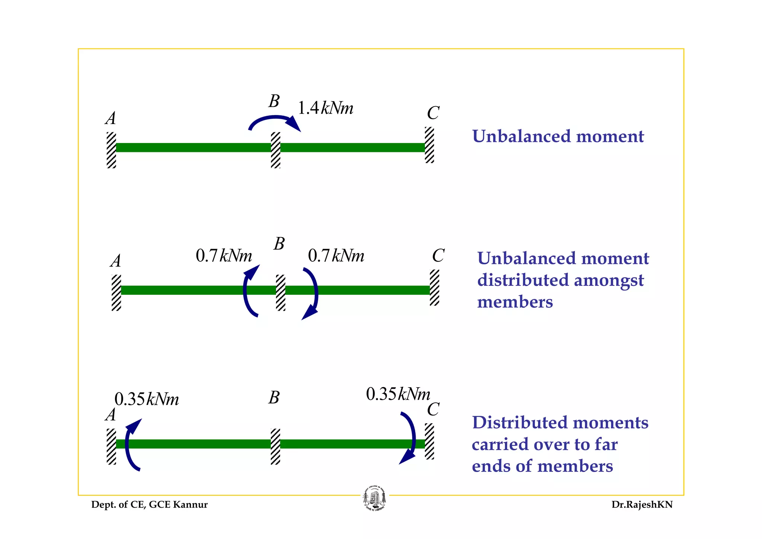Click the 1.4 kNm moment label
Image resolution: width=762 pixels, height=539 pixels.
326,108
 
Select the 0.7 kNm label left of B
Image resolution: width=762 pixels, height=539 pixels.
224,256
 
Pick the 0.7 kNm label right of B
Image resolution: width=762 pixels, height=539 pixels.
336,256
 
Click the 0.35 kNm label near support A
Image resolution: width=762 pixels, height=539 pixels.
147,399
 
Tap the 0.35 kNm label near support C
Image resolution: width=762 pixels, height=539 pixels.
398,394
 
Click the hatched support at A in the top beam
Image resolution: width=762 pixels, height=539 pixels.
111,150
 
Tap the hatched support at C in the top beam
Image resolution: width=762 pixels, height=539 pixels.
429,145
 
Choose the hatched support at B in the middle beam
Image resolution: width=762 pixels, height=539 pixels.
281,293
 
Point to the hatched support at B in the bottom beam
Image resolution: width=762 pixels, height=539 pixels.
275,446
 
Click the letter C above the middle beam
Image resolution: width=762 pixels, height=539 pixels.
438,256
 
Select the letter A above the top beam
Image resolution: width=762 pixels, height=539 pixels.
111,118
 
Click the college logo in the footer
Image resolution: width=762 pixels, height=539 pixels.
374,498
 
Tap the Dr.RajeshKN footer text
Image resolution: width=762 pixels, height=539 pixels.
642,505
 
